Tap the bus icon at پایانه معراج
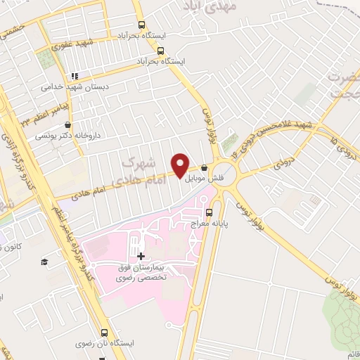click(208, 212)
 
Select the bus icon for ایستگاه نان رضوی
click(105, 333)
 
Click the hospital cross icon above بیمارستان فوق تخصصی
click(141, 257)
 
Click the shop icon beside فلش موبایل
click(204, 168)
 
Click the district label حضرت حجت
click(344, 91)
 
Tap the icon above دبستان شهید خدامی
click(74, 76)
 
